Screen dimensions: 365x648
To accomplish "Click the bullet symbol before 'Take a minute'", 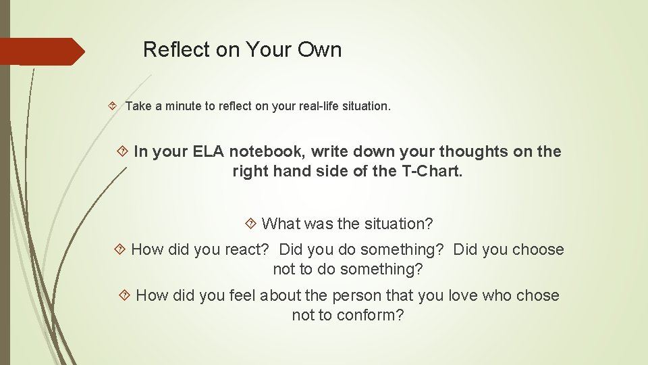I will [x=112, y=106].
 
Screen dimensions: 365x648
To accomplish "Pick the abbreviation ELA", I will [x=209, y=151].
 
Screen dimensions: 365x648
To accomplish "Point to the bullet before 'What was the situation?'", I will [x=251, y=223].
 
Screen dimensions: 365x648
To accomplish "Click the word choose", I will [x=537, y=249].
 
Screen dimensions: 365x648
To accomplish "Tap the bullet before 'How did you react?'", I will [x=121, y=249].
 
